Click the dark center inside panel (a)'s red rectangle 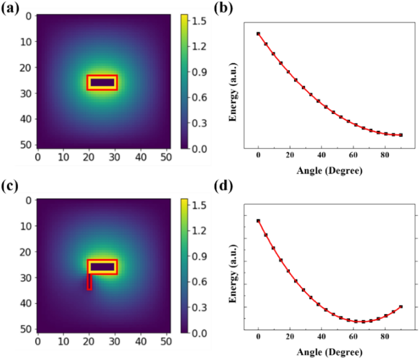(x=102, y=83)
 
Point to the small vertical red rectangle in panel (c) (x=89, y=282)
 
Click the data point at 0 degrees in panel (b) (x=258, y=34)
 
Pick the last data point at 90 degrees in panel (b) (x=401, y=135)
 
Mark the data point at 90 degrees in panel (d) (x=401, y=307)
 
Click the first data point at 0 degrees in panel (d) (x=258, y=221)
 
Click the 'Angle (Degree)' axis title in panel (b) (x=329, y=171)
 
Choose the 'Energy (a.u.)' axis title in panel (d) (x=233, y=274)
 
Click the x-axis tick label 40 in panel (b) (x=322, y=155)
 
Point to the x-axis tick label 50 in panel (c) (x=166, y=342)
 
